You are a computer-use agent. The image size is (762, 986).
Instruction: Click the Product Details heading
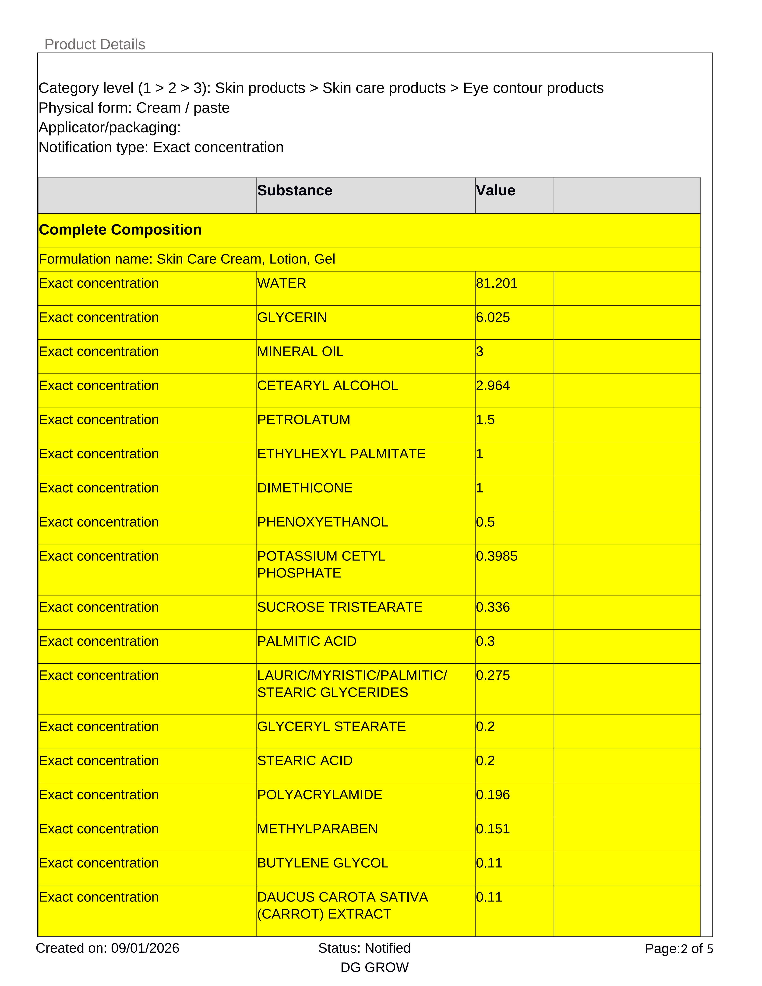(x=95, y=44)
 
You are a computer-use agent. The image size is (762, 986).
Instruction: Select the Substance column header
(x=295, y=190)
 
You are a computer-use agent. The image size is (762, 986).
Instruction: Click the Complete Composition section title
(x=120, y=230)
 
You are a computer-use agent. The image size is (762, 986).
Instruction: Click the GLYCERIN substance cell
(x=292, y=317)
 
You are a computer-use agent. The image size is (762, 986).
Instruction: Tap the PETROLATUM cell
(x=303, y=420)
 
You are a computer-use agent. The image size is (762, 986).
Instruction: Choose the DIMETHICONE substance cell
(x=305, y=488)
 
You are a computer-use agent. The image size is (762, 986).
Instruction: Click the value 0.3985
(x=497, y=556)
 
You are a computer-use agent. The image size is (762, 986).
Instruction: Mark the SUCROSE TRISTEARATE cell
(x=339, y=607)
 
